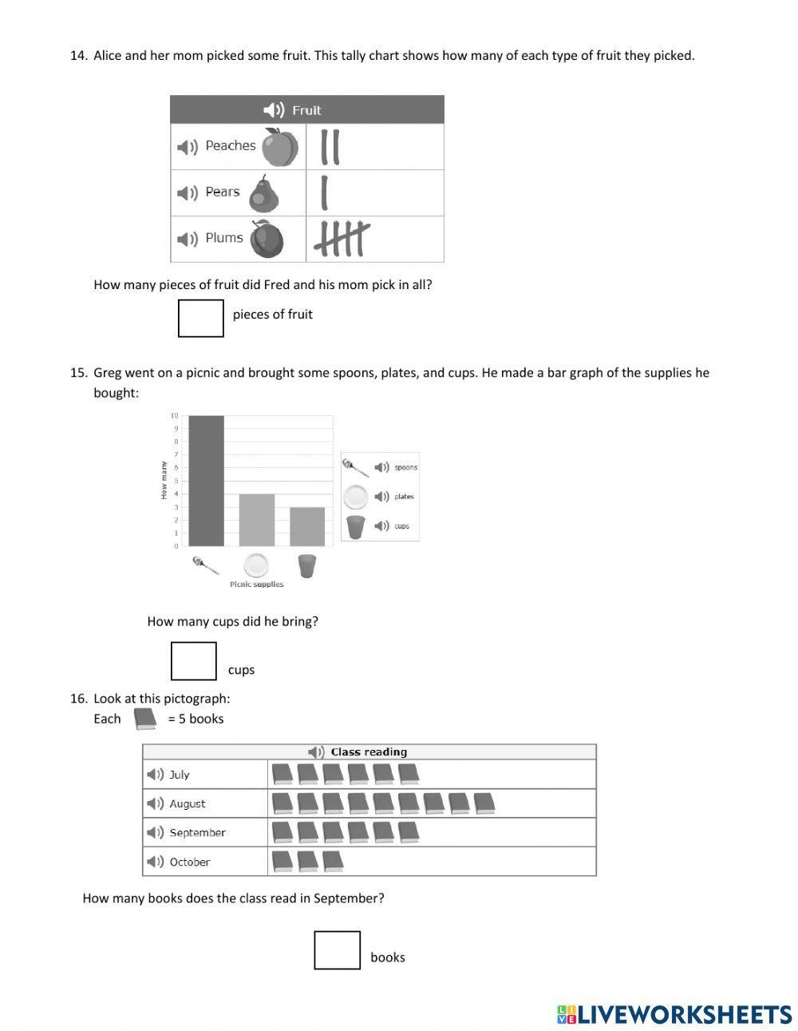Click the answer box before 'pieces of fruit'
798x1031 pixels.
(x=200, y=318)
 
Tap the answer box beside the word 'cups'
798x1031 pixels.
(x=194, y=661)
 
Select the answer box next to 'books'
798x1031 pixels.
(x=337, y=950)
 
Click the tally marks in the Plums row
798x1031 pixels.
(x=342, y=239)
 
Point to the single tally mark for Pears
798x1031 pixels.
(x=324, y=192)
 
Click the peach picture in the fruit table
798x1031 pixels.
(x=280, y=147)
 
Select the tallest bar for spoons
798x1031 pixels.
(x=206, y=481)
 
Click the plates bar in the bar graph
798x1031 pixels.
(x=257, y=520)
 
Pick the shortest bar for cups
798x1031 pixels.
(x=307, y=526)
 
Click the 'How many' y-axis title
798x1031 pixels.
(x=164, y=480)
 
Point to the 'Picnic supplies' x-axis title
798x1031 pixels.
(x=256, y=585)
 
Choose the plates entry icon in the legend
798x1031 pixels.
(x=355, y=497)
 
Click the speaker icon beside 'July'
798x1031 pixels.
(x=155, y=775)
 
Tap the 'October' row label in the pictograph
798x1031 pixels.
(x=189, y=862)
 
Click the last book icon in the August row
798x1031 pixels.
(x=484, y=803)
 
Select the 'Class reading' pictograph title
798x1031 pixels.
(x=368, y=751)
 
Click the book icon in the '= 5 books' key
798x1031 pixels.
(x=145, y=719)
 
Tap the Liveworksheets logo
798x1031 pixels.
(x=674, y=1014)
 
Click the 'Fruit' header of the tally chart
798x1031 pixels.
(x=306, y=110)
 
